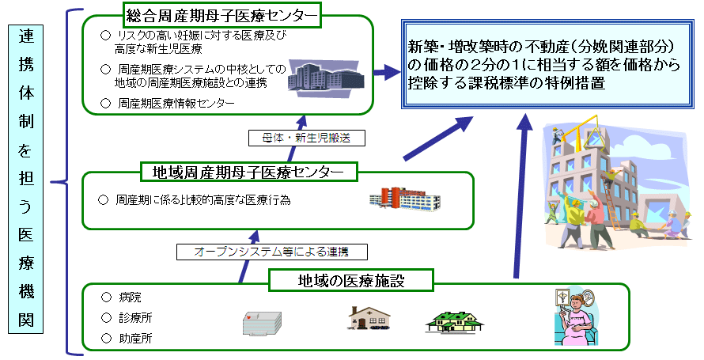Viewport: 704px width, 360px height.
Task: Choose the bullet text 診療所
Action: pos(134,319)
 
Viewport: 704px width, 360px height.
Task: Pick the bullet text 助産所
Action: pos(134,339)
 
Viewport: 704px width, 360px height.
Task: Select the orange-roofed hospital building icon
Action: pos(403,199)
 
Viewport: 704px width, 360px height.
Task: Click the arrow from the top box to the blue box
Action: pos(384,72)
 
